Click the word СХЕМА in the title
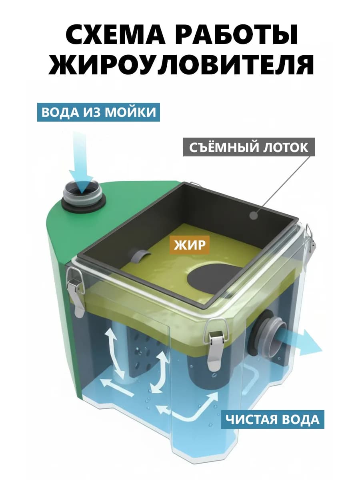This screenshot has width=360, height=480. tap(115, 35)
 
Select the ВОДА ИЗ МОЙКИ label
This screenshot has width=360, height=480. tap(98, 112)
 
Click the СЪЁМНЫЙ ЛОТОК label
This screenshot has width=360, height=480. tap(249, 147)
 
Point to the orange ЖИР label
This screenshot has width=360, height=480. tap(190, 245)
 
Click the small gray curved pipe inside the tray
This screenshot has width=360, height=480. tap(141, 255)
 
